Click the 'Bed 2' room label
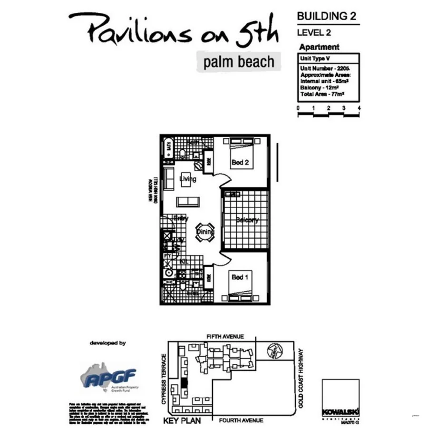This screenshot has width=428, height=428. coord(240,163)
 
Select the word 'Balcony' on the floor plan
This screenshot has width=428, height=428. coord(247,220)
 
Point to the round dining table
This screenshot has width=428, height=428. coord(205,232)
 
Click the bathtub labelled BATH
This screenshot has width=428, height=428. coord(167,150)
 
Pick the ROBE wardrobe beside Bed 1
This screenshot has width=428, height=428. coord(208,277)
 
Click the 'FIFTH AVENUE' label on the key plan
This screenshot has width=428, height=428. coord(225,337)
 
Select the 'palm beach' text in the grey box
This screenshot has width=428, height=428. coord(238,62)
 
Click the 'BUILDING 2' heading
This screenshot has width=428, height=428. coord(327,16)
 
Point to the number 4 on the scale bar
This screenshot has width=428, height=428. coord(359,108)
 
